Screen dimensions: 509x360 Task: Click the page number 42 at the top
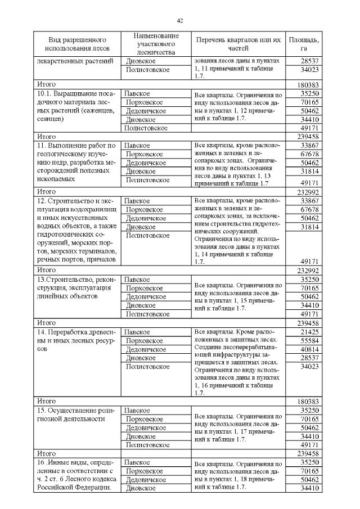click(180, 21)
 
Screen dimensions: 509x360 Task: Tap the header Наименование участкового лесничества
click(156, 44)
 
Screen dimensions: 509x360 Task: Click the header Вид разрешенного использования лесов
click(78, 44)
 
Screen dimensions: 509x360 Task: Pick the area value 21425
click(309, 332)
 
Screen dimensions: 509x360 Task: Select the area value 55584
click(309, 341)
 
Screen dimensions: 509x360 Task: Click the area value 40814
click(309, 349)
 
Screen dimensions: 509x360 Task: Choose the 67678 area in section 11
click(309, 154)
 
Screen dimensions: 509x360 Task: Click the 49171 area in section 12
click(309, 261)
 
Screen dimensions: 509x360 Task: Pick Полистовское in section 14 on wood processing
click(148, 367)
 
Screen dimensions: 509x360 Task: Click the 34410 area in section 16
click(309, 488)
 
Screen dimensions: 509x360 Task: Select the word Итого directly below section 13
click(46, 323)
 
